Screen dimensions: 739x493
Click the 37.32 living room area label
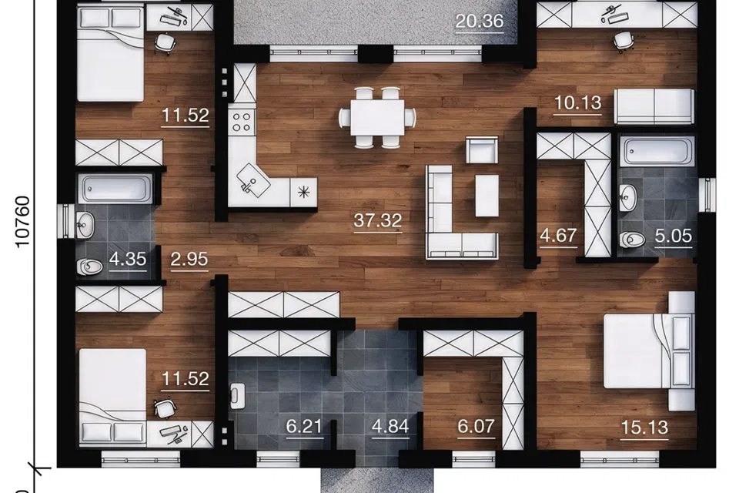click(x=378, y=220)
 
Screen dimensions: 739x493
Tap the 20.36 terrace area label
click(x=480, y=22)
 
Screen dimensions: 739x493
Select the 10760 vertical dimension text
click(x=22, y=222)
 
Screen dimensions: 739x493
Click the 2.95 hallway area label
click(x=189, y=259)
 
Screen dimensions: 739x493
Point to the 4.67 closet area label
click(x=559, y=235)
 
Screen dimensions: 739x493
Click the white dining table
click(x=377, y=117)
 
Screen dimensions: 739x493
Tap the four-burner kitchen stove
click(x=242, y=121)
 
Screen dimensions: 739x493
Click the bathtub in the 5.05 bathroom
click(x=657, y=152)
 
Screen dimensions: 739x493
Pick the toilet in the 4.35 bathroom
click(x=90, y=267)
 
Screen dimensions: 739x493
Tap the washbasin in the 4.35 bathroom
click(x=85, y=225)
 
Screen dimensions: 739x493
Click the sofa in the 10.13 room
click(x=654, y=106)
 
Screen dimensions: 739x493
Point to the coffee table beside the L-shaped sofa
click(x=487, y=196)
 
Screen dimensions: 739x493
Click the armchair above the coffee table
click(x=482, y=150)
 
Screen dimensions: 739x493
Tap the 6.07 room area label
click(x=476, y=427)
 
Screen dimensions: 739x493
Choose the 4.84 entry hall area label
click(x=390, y=427)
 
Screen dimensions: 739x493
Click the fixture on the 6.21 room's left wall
click(x=237, y=395)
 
